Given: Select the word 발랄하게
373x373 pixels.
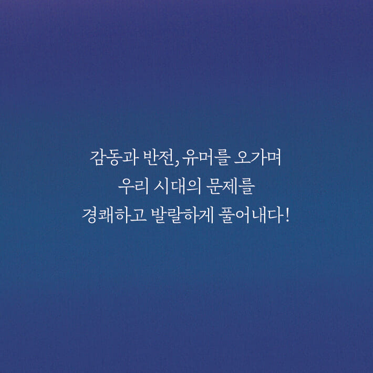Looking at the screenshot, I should pyautogui.click(x=176, y=215).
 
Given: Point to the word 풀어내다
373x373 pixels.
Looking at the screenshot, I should pyautogui.click(x=246, y=215).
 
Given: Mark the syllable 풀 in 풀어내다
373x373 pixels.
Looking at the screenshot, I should pyautogui.click(x=223, y=215).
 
